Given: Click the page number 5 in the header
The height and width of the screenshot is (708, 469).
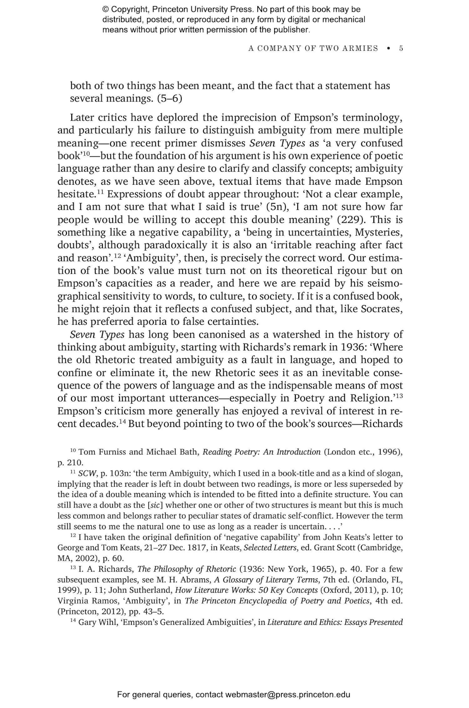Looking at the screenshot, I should click(x=401, y=48).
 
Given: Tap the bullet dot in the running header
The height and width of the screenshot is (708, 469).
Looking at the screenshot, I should click(x=388, y=48).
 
